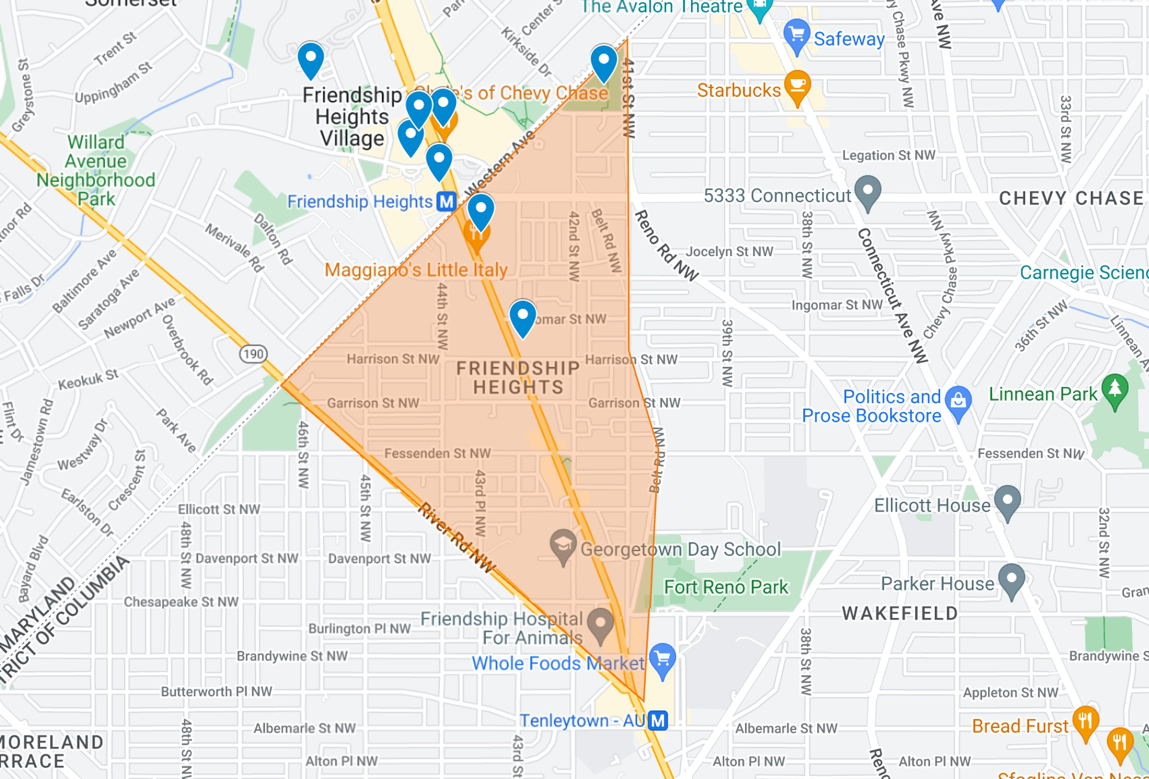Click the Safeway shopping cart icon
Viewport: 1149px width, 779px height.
coord(797,35)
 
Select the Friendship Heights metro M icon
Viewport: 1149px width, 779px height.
coord(446,202)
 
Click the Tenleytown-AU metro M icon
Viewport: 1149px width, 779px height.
coord(658,720)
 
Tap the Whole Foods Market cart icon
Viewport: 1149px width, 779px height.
coord(662,659)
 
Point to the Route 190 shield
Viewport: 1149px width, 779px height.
coord(253,354)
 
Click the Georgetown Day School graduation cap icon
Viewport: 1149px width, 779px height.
coord(563,545)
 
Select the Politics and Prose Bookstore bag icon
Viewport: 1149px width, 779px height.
coord(958,401)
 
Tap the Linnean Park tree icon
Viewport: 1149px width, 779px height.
coord(1114,389)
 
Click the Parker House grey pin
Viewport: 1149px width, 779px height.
coord(1011,579)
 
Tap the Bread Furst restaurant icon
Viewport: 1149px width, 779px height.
coord(1085,721)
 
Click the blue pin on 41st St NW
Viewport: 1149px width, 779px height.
coord(604,62)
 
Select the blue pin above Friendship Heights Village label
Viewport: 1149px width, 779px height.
coord(311,59)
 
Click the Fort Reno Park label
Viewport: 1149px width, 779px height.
coord(726,587)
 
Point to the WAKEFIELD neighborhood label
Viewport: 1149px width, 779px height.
coord(899,613)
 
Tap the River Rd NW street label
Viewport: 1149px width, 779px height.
coord(457,538)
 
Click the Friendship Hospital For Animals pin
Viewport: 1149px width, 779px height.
coord(600,623)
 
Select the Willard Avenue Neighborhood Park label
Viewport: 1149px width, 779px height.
coord(96,171)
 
